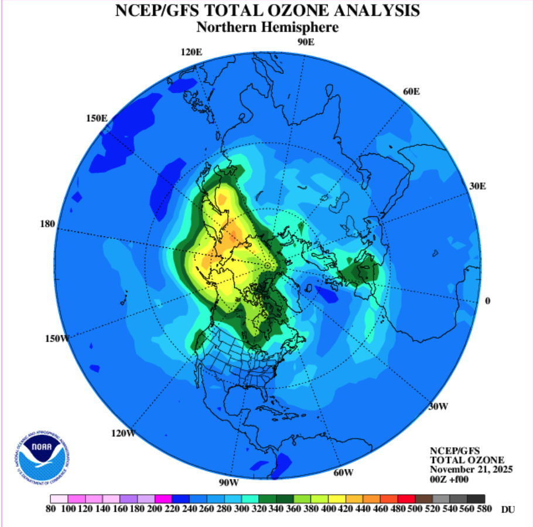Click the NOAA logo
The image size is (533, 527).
point(44,454)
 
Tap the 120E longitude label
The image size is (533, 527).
point(192,52)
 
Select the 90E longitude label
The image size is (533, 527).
point(306,42)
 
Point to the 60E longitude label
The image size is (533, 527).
point(412,91)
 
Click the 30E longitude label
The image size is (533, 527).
point(478,186)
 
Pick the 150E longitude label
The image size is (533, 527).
point(97,118)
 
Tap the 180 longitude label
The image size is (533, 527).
point(47,224)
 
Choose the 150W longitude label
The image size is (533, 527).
point(57,338)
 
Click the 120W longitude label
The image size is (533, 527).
point(123,433)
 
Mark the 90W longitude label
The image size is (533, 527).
point(229,482)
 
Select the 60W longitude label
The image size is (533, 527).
point(343,472)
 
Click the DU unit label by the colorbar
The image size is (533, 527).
point(508,510)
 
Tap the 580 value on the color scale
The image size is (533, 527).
point(484,509)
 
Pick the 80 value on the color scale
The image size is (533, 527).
point(51,509)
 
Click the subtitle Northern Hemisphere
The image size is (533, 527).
point(267,27)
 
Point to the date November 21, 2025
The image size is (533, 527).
point(471,470)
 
